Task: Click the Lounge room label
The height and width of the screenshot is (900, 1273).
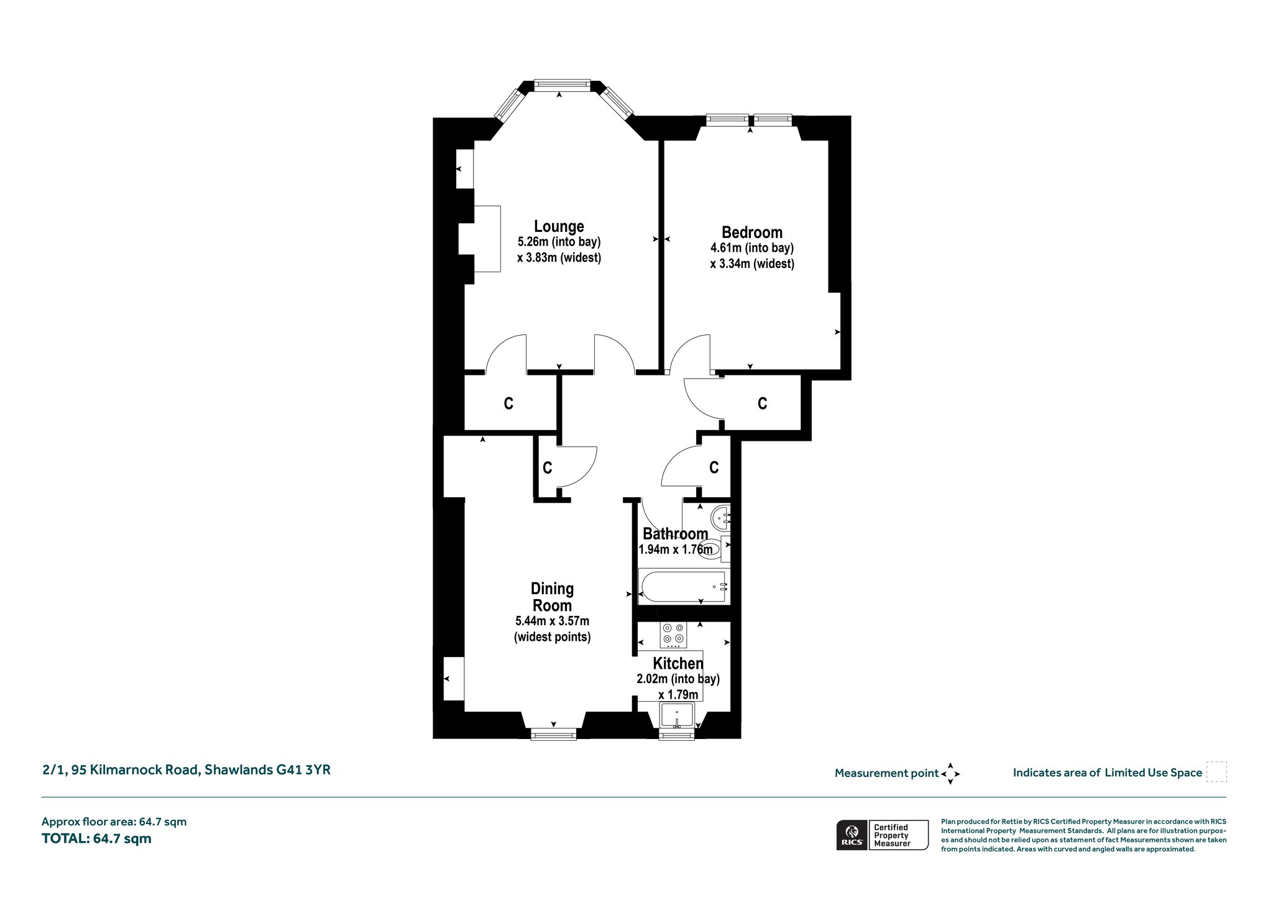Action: tap(559, 226)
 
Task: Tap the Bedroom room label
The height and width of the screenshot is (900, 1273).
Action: tap(751, 232)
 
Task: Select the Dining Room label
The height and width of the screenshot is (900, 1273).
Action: tap(553, 597)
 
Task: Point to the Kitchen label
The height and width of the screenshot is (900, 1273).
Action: tap(678, 663)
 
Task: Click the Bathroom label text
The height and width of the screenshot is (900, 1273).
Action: tap(675, 534)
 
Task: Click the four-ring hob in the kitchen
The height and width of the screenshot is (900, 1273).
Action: tap(674, 634)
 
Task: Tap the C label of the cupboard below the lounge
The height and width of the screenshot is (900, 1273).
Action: tap(508, 403)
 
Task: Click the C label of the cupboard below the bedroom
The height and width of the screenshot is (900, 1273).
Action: tap(762, 403)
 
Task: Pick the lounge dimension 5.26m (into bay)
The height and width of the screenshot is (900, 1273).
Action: tap(559, 242)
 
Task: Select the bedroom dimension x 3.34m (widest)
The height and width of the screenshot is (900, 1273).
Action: tap(752, 264)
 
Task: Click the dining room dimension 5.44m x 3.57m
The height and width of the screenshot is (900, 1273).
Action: tap(553, 621)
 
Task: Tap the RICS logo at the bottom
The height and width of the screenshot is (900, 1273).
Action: tap(851, 835)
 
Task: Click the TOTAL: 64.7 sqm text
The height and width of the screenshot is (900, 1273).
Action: tap(96, 838)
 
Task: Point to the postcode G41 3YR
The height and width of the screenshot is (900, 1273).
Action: tap(303, 769)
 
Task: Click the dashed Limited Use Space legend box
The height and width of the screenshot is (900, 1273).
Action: tap(1216, 772)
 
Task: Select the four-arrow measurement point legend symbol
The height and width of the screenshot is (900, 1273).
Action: tap(950, 774)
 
